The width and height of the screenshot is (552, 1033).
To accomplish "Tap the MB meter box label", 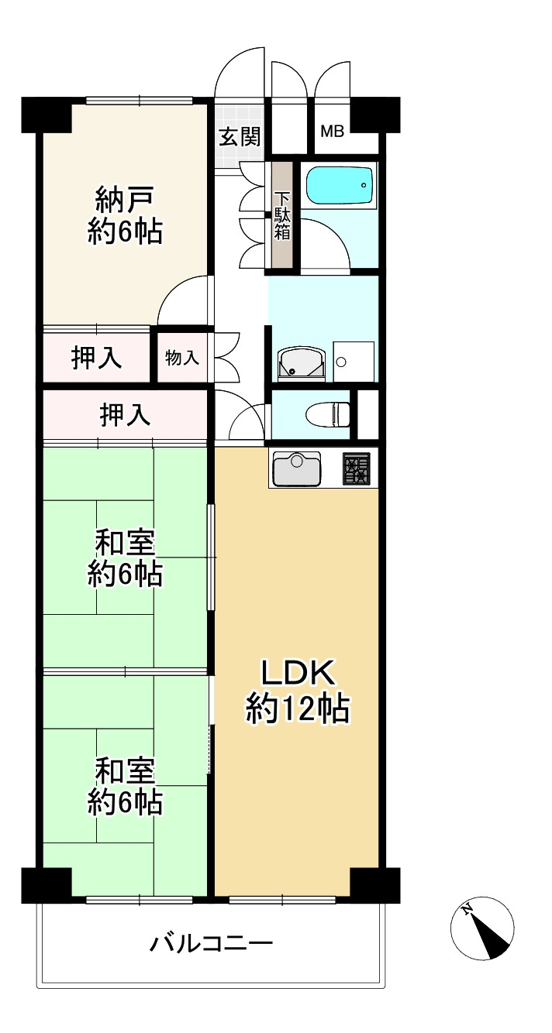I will pos(333,132).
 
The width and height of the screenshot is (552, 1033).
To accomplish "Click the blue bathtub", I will pos(339,187).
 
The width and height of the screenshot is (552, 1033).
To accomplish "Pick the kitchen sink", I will pos(295,468).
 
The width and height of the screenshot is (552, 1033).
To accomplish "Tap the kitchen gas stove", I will pos(357,468).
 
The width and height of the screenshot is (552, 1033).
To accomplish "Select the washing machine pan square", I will pos(354,361).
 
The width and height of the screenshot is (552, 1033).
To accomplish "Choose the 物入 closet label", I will pos(182,358).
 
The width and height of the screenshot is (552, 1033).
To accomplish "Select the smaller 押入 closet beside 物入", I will pos(96,358).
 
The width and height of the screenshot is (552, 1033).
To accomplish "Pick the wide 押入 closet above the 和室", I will pos(124,416).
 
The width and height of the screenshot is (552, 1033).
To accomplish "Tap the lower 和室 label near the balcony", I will pos(124,786).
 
